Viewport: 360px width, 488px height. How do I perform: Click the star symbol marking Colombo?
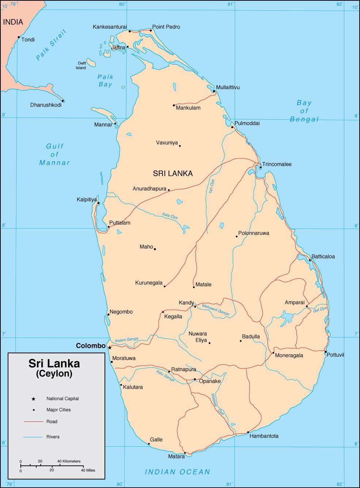coord(110,348)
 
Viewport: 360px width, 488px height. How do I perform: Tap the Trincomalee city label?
coord(277,164)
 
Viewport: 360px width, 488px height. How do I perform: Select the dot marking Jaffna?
coord(128,47)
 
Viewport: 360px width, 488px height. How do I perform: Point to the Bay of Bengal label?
coord(304,111)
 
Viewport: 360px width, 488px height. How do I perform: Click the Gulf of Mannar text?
coord(54,154)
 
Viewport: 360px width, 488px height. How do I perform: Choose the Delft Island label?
coord(81,65)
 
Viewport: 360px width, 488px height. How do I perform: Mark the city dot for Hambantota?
coord(248,432)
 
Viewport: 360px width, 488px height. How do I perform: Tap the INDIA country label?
coord(13,22)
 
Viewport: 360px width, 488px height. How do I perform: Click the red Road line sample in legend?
coord(33,422)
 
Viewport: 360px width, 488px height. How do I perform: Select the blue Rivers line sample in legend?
coord(33,437)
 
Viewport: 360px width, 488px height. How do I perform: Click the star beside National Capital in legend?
coord(34,399)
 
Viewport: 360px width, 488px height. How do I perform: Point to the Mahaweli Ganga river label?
coord(215,310)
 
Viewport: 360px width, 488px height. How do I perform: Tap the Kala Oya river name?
coord(170,216)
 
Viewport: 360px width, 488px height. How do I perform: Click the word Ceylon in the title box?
coord(54,373)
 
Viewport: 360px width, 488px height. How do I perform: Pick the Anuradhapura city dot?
coord(169,190)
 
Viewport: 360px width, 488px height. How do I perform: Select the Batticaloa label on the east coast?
coord(323,256)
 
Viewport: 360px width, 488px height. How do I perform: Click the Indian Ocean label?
coord(178,472)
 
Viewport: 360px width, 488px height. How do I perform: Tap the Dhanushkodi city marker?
coord(63,101)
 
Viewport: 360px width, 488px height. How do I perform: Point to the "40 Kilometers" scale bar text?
coord(69,461)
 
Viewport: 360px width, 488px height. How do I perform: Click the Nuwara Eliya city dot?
coord(209,343)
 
